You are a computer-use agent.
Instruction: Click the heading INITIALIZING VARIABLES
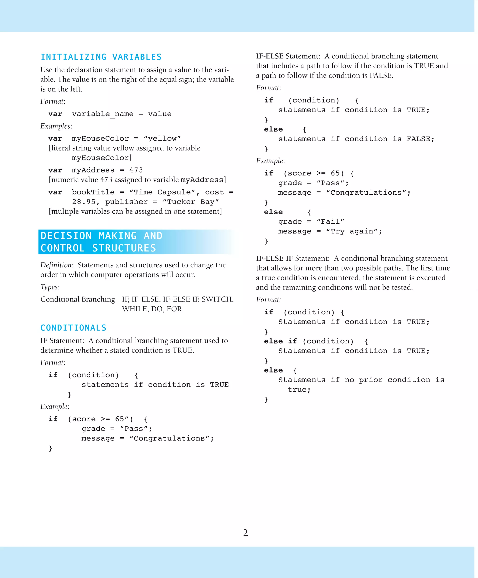(101, 57)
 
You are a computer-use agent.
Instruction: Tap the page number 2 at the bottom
(246, 533)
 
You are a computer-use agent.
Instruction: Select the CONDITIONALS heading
(73, 328)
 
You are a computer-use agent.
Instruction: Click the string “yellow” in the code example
(162, 138)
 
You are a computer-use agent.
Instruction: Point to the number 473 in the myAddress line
(136, 170)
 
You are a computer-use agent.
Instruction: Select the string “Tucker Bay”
(191, 202)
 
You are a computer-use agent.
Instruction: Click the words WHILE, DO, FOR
(152, 309)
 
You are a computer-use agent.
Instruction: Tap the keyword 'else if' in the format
(280, 341)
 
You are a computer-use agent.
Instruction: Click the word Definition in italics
(56, 265)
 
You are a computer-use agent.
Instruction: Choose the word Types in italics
(49, 287)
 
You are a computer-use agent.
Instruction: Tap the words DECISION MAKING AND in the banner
(102, 236)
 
